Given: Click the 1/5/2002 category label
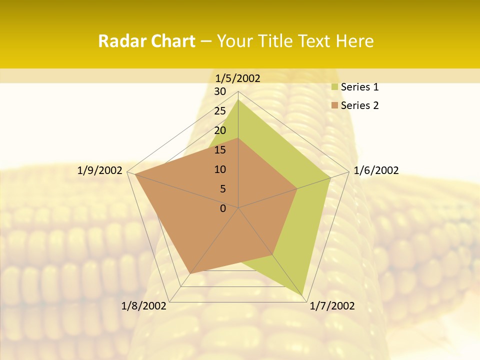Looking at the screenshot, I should (238, 78).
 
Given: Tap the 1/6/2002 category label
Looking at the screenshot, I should (376, 170).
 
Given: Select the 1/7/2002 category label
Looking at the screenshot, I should (332, 306).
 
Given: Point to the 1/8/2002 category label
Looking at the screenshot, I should (143, 306).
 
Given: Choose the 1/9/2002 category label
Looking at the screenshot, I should (100, 170).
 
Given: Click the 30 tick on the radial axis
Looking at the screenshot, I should (220, 91).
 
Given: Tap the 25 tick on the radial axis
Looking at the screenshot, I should (220, 111).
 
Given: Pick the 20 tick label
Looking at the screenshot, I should (220, 130).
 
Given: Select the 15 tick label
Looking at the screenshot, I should (220, 150).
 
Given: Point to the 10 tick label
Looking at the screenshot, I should (220, 169).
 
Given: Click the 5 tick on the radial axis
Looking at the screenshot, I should (222, 189).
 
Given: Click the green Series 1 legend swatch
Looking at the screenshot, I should (335, 87).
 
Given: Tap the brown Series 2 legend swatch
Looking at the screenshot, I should (335, 105).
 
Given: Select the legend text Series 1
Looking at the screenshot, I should (359, 87).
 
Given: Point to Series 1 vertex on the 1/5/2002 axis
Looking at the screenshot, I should (238, 100).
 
